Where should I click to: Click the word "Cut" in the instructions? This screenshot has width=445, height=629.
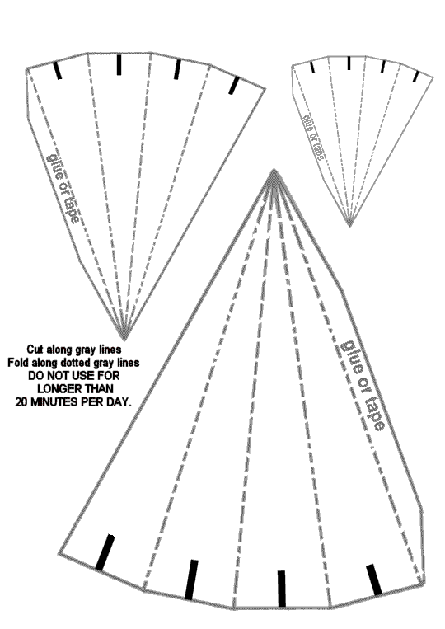tap(35, 350)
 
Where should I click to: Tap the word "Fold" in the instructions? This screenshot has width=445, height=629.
tap(17, 363)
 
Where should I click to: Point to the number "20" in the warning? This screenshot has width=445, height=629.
tap(21, 402)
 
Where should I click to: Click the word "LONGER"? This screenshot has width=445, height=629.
tap(56, 389)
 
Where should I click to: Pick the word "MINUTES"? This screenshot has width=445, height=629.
tap(54, 402)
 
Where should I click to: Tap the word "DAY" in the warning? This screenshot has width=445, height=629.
tap(121, 402)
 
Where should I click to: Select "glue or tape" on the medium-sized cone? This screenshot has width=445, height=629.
tap(63, 187)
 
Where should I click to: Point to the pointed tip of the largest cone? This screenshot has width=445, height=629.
tap(274, 170)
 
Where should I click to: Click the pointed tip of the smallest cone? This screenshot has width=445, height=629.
tap(349, 226)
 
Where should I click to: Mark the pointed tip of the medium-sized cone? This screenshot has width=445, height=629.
tap(124, 339)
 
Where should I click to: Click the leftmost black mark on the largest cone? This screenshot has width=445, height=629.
tap(105, 552)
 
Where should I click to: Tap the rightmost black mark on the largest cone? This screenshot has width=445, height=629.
tap(373, 580)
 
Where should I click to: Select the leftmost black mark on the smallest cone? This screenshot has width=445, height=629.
tap(312, 67)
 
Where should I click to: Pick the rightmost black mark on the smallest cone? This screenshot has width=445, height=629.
tap(416, 77)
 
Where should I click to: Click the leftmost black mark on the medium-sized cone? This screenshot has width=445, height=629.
tap(59, 71)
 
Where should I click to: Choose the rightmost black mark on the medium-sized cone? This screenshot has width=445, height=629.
tap(234, 86)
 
